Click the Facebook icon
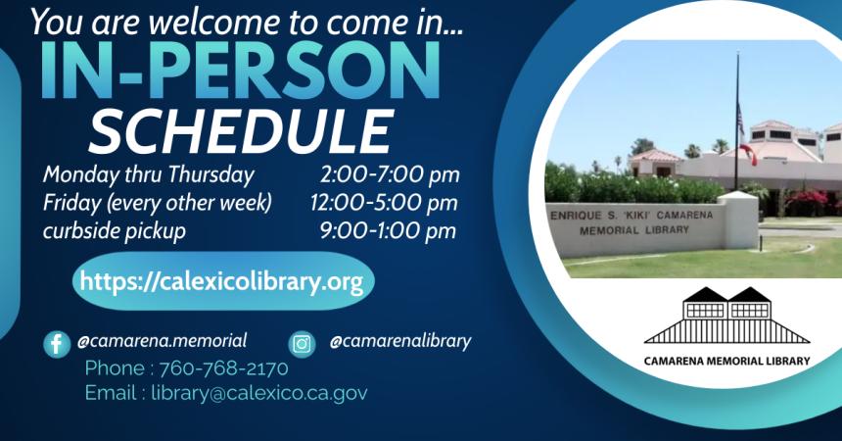click(57, 344)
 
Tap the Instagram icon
click(302, 344)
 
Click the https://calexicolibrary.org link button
click(221, 282)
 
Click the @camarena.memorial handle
click(162, 341)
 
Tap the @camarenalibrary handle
click(399, 341)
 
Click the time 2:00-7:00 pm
click(389, 175)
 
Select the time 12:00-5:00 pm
click(384, 203)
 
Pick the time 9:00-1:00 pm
click(389, 230)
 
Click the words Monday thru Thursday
click(148, 175)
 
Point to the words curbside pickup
click(114, 230)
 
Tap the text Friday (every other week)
click(157, 203)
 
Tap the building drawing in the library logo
click(726, 317)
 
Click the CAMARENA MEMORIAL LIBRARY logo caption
click(726, 361)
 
